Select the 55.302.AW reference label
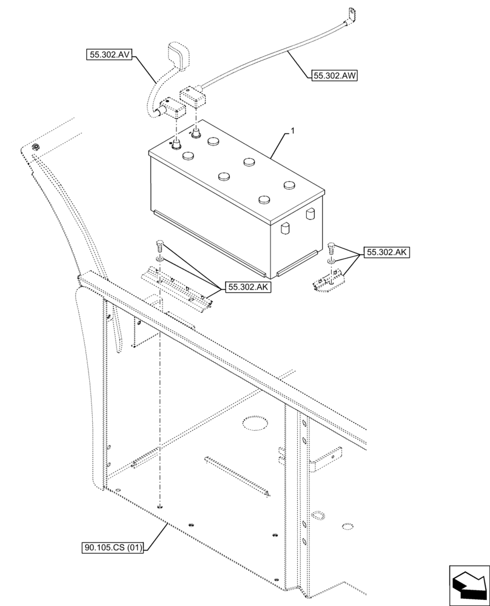tap(334, 76)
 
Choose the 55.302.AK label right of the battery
tap(387, 253)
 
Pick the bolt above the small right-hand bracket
tap(331, 247)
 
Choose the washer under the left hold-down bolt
tap(159, 259)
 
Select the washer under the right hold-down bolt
tap(331, 261)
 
